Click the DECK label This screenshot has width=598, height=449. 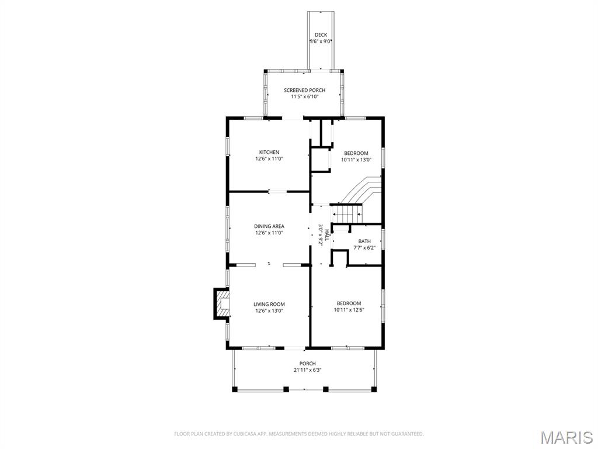[321, 35]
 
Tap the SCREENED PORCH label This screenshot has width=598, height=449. [304, 90]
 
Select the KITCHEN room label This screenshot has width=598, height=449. [269, 153]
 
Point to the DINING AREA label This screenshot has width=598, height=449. [269, 226]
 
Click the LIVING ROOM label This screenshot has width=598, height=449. [269, 304]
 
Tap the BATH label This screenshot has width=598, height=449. [364, 241]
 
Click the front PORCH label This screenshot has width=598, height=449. [307, 364]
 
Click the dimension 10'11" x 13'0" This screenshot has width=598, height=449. [356, 160]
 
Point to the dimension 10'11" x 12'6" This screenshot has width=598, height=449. [349, 310]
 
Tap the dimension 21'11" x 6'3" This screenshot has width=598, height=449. [307, 370]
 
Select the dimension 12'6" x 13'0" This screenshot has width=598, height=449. [269, 311]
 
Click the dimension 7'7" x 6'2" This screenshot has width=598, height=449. [364, 248]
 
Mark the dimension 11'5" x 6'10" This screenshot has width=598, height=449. [304, 96]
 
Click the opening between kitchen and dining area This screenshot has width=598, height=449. [277, 191]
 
